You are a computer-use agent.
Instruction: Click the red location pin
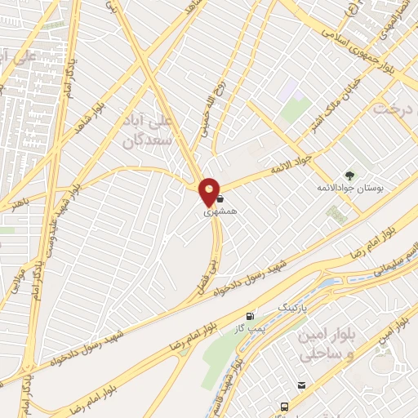[210, 190]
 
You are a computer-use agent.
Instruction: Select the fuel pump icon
[249, 316]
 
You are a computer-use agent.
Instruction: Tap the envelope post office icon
[302, 385]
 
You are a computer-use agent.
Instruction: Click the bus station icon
[283, 407]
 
